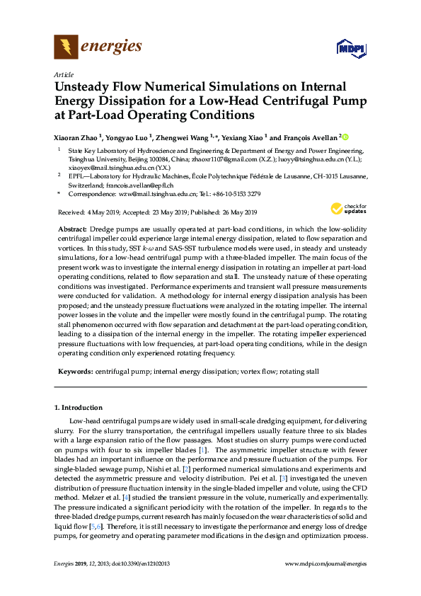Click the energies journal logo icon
point(66,47)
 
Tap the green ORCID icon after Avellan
point(346,137)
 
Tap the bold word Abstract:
point(71,230)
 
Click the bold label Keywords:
point(74,371)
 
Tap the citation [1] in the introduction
point(202,450)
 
